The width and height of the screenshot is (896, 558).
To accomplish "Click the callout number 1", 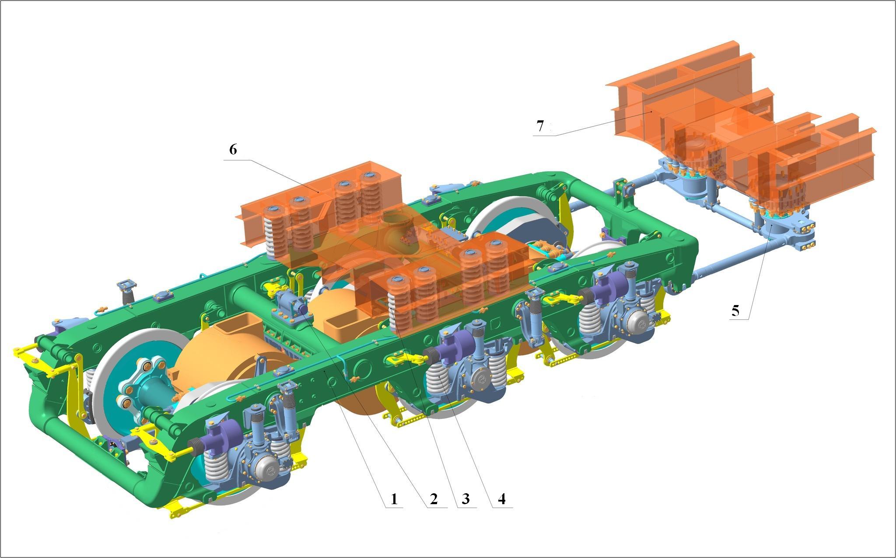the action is (x=394, y=498).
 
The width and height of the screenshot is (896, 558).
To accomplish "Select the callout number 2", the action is (x=434, y=498).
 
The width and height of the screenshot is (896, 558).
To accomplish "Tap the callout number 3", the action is (x=465, y=498).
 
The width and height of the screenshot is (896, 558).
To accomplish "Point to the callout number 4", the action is (x=502, y=498).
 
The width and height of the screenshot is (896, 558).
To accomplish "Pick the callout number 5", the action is (x=735, y=310).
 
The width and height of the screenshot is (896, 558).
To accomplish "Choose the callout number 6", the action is (x=233, y=150).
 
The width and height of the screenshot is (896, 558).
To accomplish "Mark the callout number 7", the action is (x=540, y=126).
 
